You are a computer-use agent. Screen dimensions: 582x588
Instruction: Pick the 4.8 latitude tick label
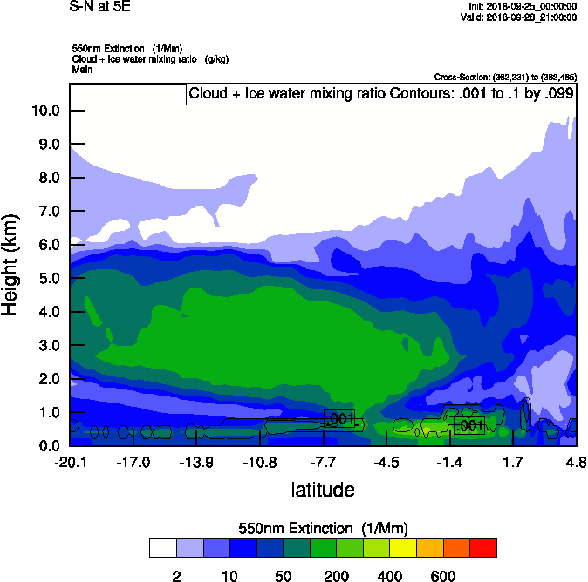tap(576, 461)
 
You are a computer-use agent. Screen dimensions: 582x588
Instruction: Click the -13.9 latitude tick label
tap(196, 461)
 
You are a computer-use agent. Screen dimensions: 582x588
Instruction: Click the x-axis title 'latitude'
tap(323, 490)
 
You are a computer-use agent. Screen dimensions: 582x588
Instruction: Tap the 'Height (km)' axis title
tap(11, 265)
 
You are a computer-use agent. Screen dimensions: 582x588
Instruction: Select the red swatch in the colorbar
tap(483, 548)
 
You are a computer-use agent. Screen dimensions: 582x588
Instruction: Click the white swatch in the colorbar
tap(162, 548)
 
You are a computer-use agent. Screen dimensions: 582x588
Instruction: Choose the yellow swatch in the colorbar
tap(403, 548)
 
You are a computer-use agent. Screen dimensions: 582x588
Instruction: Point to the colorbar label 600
tap(443, 576)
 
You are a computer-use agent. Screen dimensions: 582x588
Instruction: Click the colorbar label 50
tap(283, 576)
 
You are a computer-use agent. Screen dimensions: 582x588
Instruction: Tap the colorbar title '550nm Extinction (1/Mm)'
tap(323, 528)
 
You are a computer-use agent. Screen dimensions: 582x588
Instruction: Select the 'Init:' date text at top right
tap(519, 6)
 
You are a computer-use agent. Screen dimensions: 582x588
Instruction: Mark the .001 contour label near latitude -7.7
tap(339, 419)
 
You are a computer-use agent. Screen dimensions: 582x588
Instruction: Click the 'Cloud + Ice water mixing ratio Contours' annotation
tap(380, 94)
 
